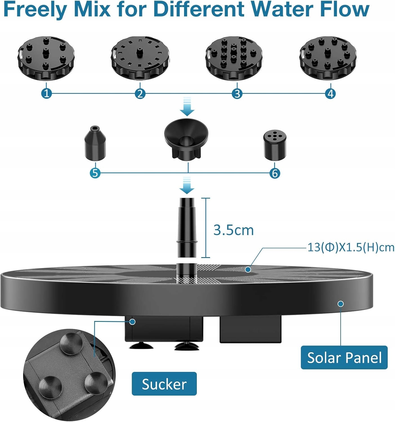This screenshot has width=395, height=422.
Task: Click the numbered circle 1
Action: (x=47, y=93)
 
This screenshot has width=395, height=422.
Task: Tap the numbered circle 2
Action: (x=140, y=93)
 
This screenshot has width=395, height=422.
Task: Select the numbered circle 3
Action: (x=237, y=93)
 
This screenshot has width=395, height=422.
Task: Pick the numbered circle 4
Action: (x=330, y=93)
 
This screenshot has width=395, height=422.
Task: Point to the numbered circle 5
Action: (x=95, y=173)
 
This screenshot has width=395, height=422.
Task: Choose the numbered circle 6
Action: (x=275, y=173)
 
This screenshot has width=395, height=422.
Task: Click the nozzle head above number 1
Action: (x=46, y=58)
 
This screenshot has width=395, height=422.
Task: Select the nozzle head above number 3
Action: (x=234, y=58)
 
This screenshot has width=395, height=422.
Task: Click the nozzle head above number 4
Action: (x=328, y=58)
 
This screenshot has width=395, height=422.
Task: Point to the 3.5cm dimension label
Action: (x=233, y=230)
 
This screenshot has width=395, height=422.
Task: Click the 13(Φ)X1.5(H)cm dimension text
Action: (x=351, y=248)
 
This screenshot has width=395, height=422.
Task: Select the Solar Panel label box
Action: (x=344, y=358)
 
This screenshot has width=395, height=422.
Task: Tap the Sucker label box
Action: (x=164, y=384)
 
